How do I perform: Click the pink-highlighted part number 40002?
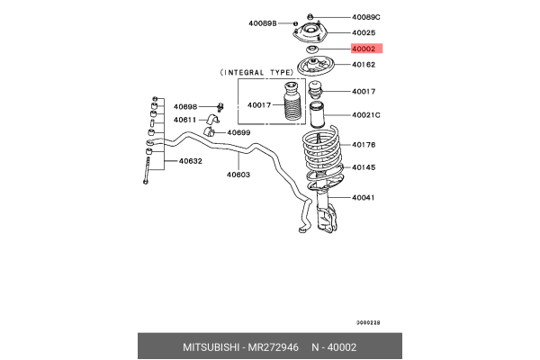(364, 48)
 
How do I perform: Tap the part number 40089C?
(366, 17)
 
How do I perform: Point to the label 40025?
(364, 32)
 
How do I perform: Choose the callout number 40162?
(364, 65)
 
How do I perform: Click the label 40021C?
(366, 114)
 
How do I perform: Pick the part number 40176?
(364, 144)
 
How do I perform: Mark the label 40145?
(364, 167)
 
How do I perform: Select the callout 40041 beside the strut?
(364, 197)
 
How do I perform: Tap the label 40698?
(184, 106)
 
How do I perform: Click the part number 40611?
(184, 120)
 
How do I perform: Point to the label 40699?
(238, 132)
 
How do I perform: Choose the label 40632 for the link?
(190, 162)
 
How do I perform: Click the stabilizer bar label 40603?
(238, 175)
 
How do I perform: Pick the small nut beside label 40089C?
(310, 16)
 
